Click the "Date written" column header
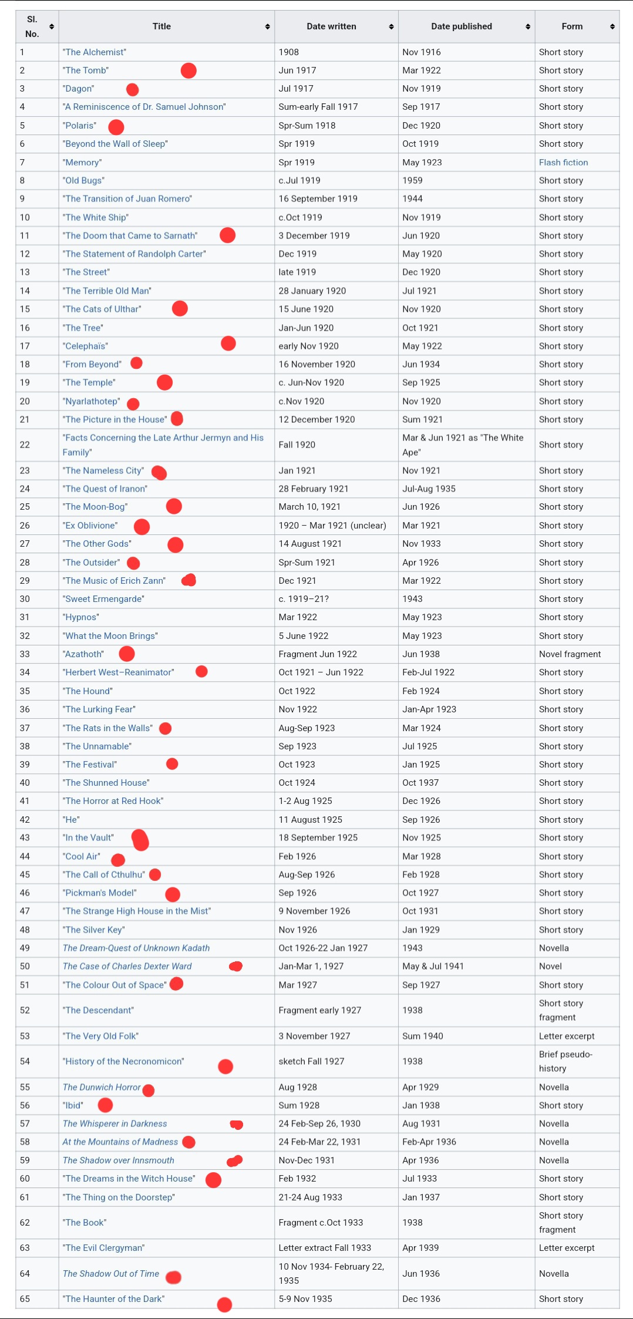click(331, 26)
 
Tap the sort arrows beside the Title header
click(267, 26)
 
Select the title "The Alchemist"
click(95, 52)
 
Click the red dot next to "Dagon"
click(133, 89)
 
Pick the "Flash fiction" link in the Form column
click(563, 163)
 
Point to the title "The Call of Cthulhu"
click(104, 874)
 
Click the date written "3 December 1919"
click(314, 235)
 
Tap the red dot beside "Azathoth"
click(127, 654)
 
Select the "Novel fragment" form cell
click(570, 654)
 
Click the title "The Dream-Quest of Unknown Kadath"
click(136, 948)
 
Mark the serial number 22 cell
click(25, 445)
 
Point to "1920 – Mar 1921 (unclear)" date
click(332, 526)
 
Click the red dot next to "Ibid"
click(105, 1105)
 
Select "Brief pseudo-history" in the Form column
click(565, 1061)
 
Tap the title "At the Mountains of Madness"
click(120, 1142)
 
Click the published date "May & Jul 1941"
click(433, 966)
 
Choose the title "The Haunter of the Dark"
click(114, 1299)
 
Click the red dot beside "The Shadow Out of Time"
click(173, 1277)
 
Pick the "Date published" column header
click(462, 26)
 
